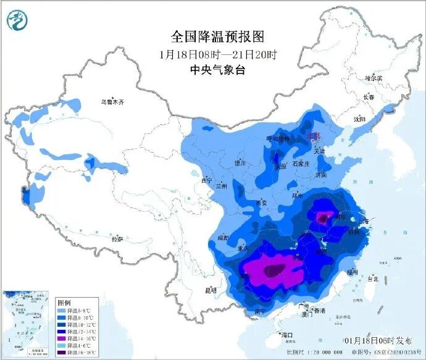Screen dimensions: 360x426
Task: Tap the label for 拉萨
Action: click(x=117, y=238)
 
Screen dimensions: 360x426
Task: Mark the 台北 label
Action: click(x=372, y=278)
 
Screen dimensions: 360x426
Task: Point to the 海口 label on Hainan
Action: click(x=286, y=335)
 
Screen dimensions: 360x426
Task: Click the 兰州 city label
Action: click(x=221, y=185)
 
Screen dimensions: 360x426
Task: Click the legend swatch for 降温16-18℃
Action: click(x=61, y=354)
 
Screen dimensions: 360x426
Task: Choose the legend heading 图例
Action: click(x=64, y=303)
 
